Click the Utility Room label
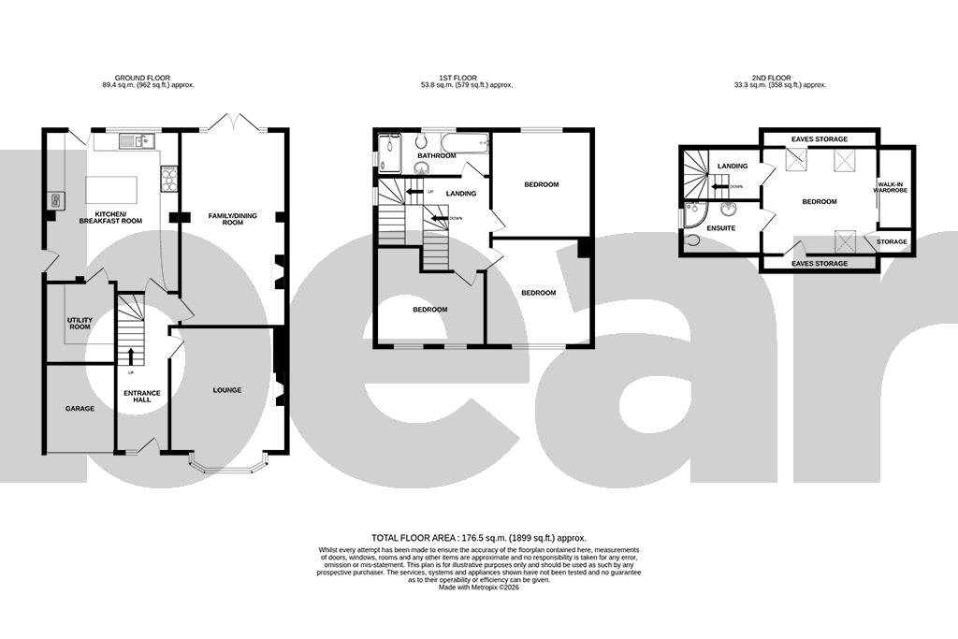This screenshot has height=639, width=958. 80,323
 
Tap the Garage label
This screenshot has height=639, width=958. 80,409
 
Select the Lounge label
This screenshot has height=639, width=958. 227,390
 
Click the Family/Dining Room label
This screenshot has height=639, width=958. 225,219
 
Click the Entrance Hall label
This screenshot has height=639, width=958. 142,396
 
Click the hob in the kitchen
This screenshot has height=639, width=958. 169,178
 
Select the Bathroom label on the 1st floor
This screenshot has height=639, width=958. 436,156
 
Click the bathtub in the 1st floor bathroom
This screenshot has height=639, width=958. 465,144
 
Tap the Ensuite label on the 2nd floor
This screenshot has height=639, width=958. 721,228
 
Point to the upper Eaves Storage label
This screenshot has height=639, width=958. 820,138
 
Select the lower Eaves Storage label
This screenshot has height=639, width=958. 820,264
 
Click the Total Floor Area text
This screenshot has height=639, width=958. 478,538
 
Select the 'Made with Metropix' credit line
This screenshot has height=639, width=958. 478,587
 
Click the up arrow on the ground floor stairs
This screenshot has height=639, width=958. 130,356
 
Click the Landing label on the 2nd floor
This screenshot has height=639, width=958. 733,167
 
